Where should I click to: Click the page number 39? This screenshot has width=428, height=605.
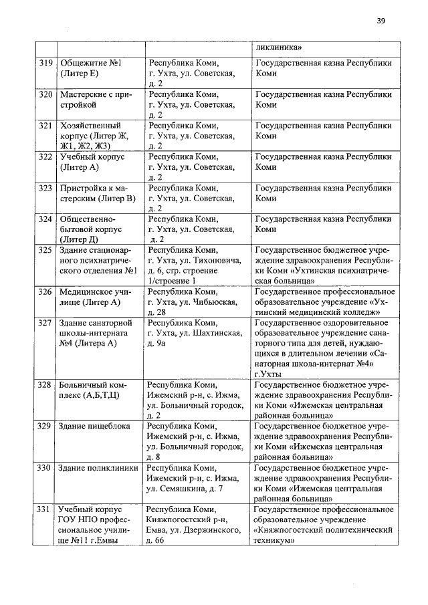(380, 21)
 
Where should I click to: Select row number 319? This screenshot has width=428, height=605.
(45, 63)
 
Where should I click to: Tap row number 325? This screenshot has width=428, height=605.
(45, 250)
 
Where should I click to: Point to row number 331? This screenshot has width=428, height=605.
(45, 509)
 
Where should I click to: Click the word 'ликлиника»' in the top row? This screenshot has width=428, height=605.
(278, 47)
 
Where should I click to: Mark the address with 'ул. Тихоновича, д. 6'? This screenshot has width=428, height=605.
(193, 265)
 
